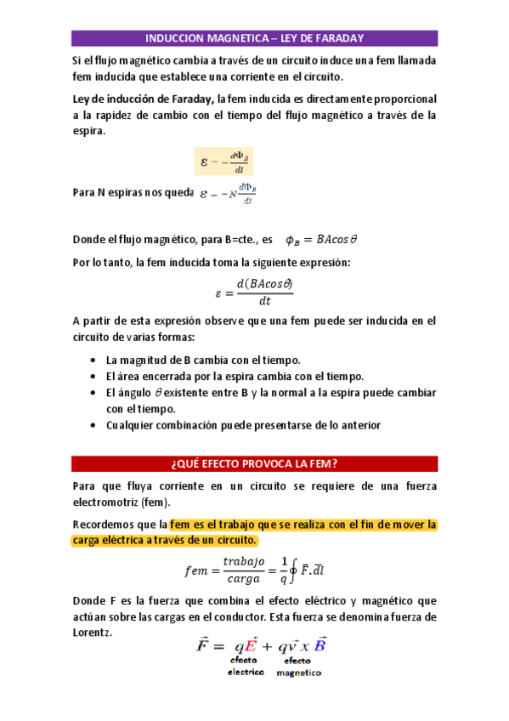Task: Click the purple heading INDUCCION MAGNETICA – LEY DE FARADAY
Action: pyautogui.click(x=254, y=38)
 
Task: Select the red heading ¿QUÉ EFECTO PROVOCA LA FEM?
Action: pyautogui.click(x=254, y=463)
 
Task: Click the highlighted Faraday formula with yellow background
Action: pyautogui.click(x=223, y=162)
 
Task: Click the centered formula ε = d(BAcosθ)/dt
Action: pyautogui.click(x=254, y=292)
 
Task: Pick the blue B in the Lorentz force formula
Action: pyautogui.click(x=320, y=644)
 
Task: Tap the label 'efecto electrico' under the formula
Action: pyautogui.click(x=245, y=666)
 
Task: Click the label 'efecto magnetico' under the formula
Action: pyautogui.click(x=297, y=666)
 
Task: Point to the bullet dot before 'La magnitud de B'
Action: pyautogui.click(x=92, y=360)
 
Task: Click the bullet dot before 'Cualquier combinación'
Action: pyautogui.click(x=92, y=425)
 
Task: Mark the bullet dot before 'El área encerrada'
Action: pyautogui.click(x=92, y=377)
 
